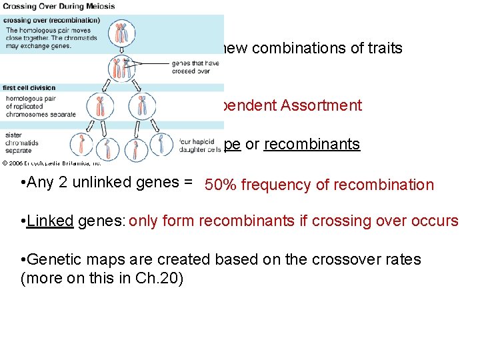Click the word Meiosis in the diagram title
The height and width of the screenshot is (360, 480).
tap(101, 7)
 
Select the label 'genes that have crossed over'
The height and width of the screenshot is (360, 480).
tap(191, 67)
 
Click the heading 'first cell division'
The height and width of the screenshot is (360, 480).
tap(29, 88)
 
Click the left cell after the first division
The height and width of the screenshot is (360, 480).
tap(99, 105)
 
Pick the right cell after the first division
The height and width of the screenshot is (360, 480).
tap(141, 105)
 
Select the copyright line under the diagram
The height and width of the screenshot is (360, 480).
tap(51, 162)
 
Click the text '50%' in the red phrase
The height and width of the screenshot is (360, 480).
tap(219, 185)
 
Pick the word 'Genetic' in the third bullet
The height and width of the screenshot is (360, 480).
tap(53, 259)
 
